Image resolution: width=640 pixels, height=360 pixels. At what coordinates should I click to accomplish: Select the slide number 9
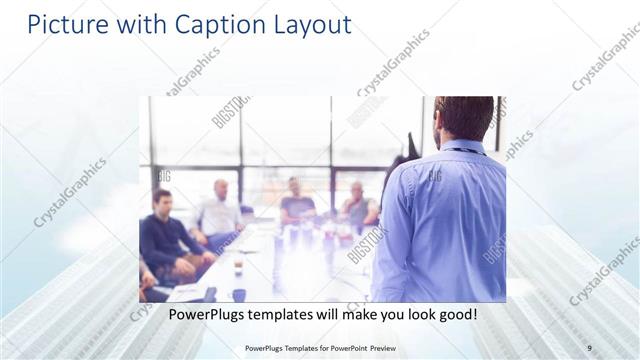(x=589, y=347)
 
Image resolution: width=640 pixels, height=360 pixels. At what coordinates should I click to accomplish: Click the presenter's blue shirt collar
(x=460, y=148)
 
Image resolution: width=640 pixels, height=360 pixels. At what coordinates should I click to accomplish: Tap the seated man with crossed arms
(x=357, y=206)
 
